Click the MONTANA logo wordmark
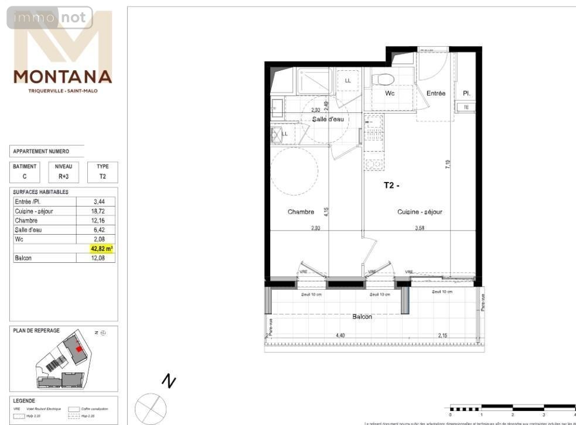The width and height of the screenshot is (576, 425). [63, 77]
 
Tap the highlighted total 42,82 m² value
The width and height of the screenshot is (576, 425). [101, 249]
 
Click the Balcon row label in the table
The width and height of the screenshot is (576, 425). [23, 258]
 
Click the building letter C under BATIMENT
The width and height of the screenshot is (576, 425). [25, 176]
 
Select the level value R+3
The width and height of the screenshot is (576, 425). [63, 176]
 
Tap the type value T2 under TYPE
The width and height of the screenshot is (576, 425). [103, 176]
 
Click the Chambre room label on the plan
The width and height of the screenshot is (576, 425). [301, 212]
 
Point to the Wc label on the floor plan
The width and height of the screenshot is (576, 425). [390, 93]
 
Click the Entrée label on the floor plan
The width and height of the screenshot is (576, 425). [435, 93]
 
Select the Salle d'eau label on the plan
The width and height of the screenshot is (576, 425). [328, 119]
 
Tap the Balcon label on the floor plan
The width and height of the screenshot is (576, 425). [362, 317]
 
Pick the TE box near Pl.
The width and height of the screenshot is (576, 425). [466, 107]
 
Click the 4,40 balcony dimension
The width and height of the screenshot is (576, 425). [340, 335]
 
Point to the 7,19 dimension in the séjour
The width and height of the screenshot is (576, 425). [448, 164]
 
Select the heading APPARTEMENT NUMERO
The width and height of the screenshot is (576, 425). [41, 152]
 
